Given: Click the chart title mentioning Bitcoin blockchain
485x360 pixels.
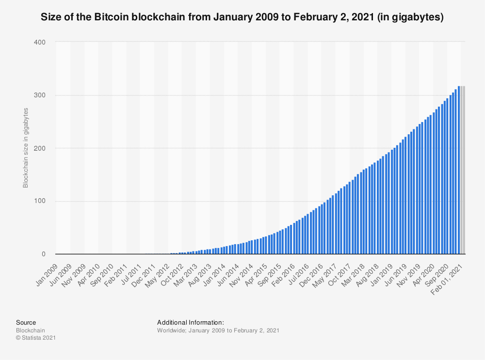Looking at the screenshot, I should [242, 17].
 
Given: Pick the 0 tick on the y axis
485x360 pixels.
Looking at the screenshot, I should [43, 254].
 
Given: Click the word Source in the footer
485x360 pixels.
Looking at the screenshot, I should [26, 322].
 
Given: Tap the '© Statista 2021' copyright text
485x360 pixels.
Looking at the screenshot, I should [36, 338].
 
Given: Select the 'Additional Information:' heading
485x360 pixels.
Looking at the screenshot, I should [190, 322].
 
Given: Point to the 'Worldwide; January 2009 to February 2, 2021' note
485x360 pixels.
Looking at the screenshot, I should [218, 330].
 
